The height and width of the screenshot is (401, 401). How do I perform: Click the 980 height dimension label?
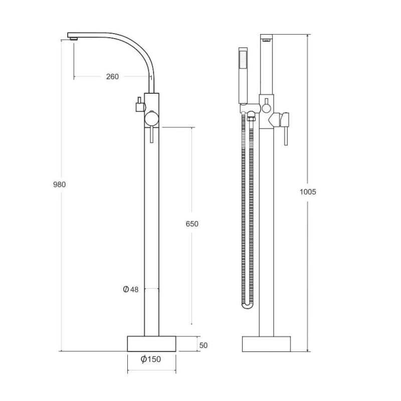click(59, 184)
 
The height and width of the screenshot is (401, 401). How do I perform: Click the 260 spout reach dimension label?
click(112, 77)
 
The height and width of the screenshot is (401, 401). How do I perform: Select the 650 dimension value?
click(192, 224)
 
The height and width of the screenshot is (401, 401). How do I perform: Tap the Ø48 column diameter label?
click(131, 289)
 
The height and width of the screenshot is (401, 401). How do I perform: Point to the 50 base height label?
click(204, 345)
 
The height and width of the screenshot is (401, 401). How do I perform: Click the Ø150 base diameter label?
click(151, 359)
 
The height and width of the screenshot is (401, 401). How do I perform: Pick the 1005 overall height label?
click(308, 192)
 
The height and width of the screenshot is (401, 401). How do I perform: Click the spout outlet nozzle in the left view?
click(74, 39)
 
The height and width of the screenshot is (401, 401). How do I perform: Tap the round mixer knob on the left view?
click(152, 119)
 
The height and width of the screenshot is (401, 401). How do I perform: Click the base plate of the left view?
click(152, 344)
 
